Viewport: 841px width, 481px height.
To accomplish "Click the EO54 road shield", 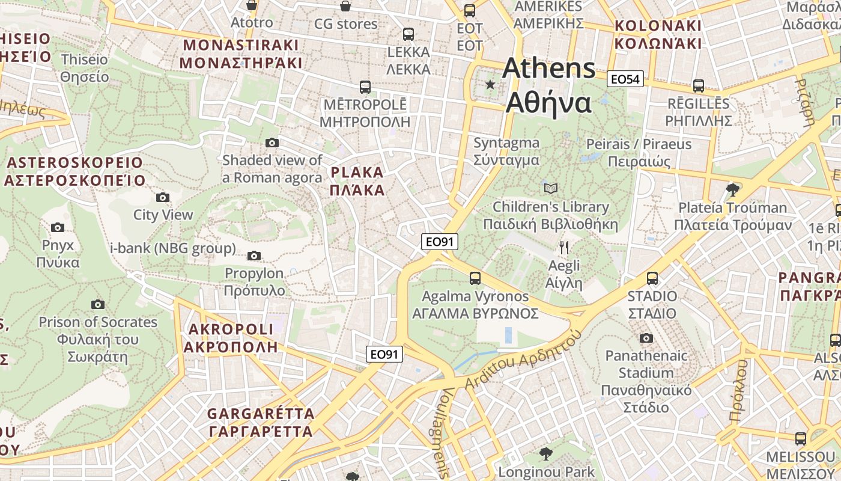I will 625,79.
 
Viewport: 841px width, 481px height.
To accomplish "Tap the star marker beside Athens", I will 491,85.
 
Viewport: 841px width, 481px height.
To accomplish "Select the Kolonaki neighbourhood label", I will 658,35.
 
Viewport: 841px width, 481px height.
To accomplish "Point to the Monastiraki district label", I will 240,54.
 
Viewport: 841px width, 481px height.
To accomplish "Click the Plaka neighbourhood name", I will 357,182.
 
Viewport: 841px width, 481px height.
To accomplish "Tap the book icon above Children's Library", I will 550,189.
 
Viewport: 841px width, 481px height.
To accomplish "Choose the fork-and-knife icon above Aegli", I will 564,247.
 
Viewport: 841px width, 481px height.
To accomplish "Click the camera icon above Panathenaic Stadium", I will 646,338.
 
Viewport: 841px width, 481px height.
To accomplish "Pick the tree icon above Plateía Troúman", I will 732,190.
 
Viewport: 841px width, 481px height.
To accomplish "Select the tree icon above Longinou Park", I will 545,453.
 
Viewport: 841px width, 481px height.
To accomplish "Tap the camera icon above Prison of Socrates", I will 98,304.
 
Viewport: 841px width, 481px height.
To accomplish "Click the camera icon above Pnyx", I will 58,227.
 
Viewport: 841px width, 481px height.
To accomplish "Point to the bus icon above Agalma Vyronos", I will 475,278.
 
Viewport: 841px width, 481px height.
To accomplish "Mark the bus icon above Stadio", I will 652,278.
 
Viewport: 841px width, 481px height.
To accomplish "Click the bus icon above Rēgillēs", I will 698,85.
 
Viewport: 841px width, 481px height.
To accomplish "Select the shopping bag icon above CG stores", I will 346,7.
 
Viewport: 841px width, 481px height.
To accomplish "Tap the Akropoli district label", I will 231,338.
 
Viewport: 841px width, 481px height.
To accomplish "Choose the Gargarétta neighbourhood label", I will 261,423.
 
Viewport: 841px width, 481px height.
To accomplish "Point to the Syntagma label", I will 506,152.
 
